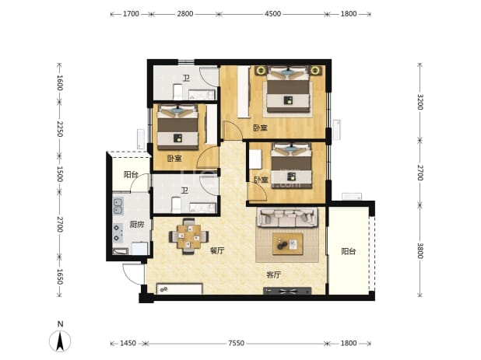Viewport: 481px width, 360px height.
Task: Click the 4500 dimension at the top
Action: coord(272,14)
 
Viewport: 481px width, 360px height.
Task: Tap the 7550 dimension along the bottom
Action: coord(236,343)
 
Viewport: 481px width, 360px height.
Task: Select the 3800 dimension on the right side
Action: coord(420,250)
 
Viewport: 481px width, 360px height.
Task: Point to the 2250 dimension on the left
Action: coord(60,129)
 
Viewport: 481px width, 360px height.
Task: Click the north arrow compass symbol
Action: coord(60,338)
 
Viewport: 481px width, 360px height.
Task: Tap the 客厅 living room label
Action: coord(273,274)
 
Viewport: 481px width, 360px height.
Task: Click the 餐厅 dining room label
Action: coord(217,250)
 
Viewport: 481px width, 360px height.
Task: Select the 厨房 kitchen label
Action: coord(136,225)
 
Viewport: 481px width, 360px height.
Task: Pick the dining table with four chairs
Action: coord(188,236)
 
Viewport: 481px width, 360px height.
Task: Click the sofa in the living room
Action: coord(287,217)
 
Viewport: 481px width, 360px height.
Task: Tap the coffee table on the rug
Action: coord(288,244)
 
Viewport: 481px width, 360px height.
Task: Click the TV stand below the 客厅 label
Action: coord(287,291)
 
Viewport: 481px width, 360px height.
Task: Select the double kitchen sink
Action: coord(118,206)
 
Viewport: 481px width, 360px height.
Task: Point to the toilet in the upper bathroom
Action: coord(178,91)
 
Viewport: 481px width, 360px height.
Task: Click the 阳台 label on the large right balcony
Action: coord(349,252)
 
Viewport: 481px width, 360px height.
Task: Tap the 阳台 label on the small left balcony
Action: coord(131,175)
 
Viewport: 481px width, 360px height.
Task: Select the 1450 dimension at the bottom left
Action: coord(128,343)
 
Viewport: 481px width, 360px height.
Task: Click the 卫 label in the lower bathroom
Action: coord(184,191)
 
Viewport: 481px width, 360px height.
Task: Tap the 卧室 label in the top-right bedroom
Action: coord(260,128)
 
